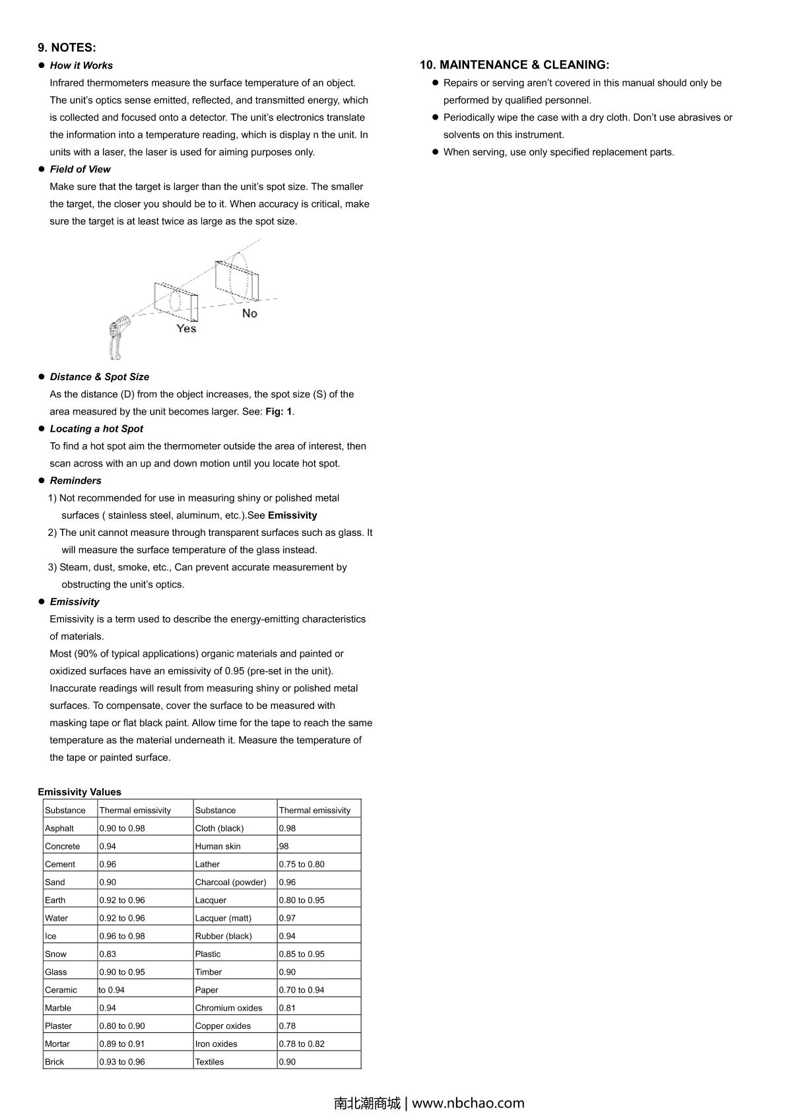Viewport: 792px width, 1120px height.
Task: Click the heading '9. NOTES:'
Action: click(67, 48)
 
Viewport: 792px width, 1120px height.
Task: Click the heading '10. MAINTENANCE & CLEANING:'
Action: click(514, 65)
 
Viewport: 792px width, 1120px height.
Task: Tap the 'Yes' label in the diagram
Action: click(186, 328)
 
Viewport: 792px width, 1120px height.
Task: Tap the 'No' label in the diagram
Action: click(249, 313)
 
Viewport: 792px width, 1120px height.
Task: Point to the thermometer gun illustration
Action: click(118, 336)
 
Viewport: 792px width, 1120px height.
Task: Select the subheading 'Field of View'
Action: click(80, 169)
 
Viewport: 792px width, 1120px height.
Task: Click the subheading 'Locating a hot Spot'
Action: click(96, 428)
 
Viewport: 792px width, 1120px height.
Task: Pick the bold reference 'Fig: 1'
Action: click(279, 411)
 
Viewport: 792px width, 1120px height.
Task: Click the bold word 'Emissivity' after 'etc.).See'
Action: click(292, 515)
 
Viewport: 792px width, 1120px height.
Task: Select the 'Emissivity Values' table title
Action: click(79, 792)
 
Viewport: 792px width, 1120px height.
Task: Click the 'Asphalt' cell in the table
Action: click(59, 828)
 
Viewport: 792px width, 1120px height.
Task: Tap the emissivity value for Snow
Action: click(108, 954)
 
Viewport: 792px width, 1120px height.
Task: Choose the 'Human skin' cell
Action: click(218, 846)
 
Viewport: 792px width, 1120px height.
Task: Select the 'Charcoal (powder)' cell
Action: click(230, 882)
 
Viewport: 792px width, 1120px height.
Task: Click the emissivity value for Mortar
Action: click(121, 1043)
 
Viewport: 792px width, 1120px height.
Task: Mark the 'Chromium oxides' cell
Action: click(228, 1008)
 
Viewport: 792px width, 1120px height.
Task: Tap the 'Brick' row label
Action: click(55, 1061)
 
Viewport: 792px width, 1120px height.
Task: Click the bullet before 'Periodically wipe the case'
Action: click(436, 117)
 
